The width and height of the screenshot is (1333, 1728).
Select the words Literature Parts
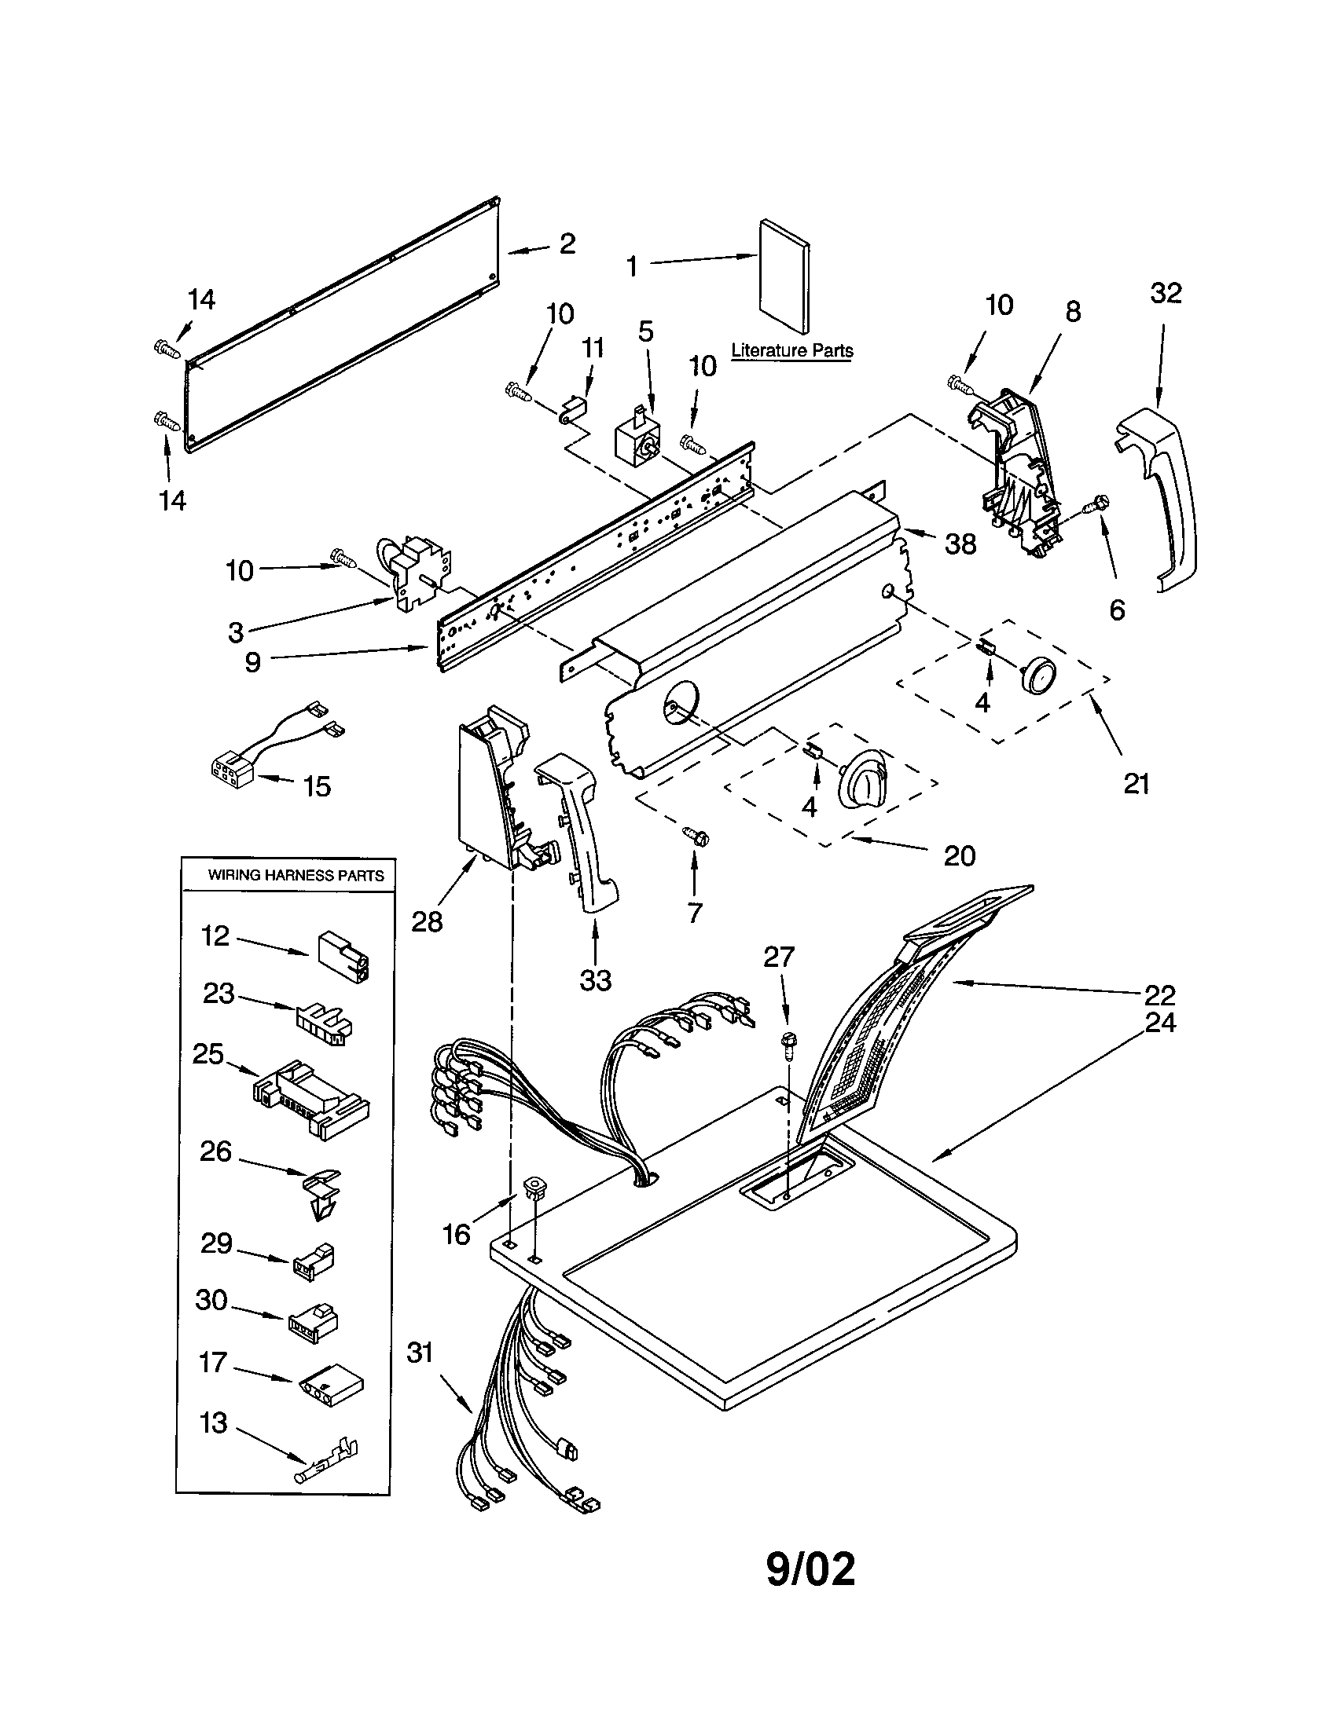coord(791,350)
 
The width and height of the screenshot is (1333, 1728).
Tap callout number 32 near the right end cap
coord(1165,294)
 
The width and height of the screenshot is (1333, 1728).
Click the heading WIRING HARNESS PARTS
coord(296,875)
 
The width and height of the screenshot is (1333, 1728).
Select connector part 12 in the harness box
coord(343,956)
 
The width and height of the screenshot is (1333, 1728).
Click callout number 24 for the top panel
coord(1160,1023)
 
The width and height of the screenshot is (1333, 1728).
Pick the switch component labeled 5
coord(638,437)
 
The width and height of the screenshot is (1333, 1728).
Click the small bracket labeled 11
coord(571,409)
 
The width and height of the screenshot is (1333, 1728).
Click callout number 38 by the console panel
coord(960,544)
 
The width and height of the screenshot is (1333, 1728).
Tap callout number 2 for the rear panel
coord(567,243)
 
